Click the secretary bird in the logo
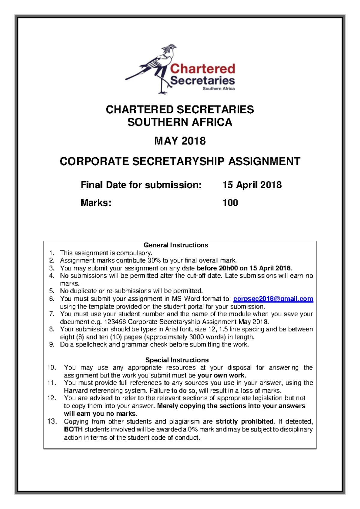pyautogui.click(x=156, y=68)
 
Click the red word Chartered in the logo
pyautogui.click(x=202, y=69)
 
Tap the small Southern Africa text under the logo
pyautogui.click(x=218, y=89)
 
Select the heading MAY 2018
pyautogui.click(x=180, y=141)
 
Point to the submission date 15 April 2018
pyautogui.click(x=252, y=185)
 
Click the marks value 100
pyautogui.click(x=230, y=203)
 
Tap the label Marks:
pyautogui.click(x=96, y=203)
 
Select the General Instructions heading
pyautogui.click(x=176, y=245)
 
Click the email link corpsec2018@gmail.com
pyautogui.click(x=273, y=299)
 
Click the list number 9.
pyautogui.click(x=52, y=345)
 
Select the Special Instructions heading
pyautogui.click(x=177, y=360)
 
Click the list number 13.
pyautogui.click(x=52, y=421)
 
